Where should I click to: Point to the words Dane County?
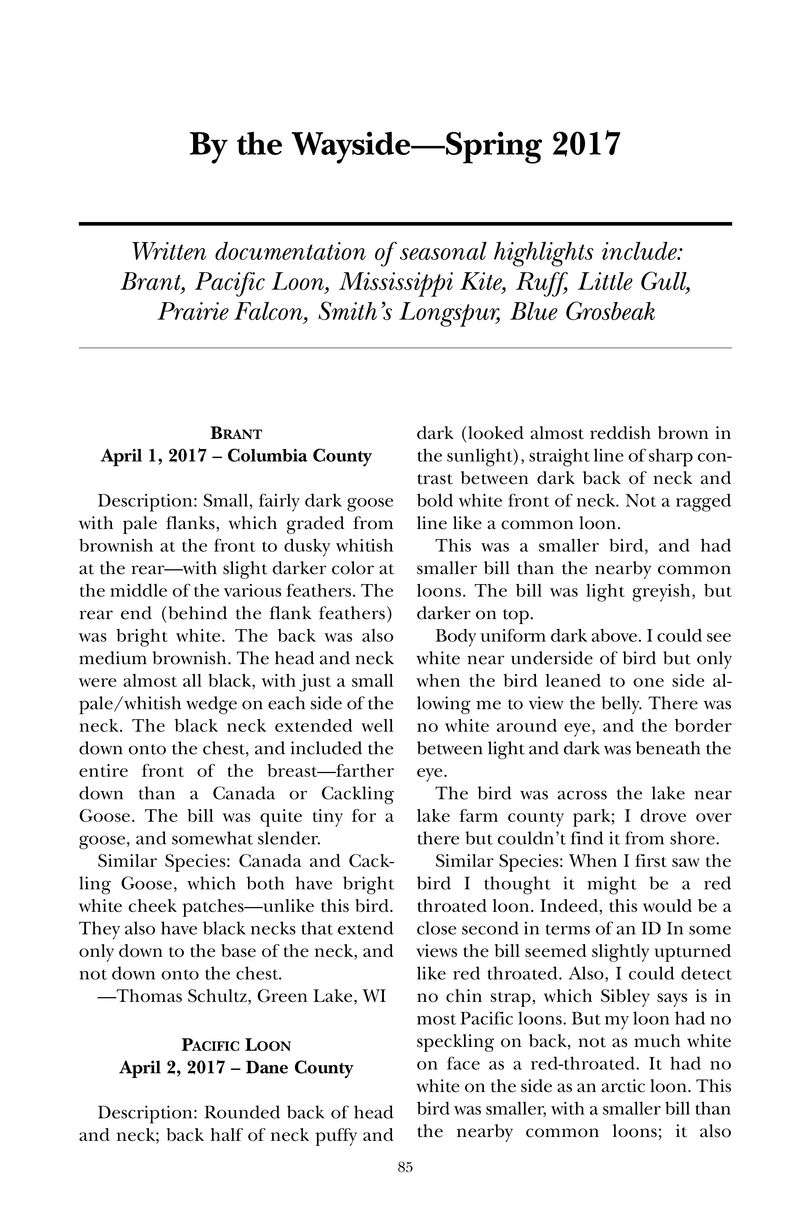click(x=299, y=1068)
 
